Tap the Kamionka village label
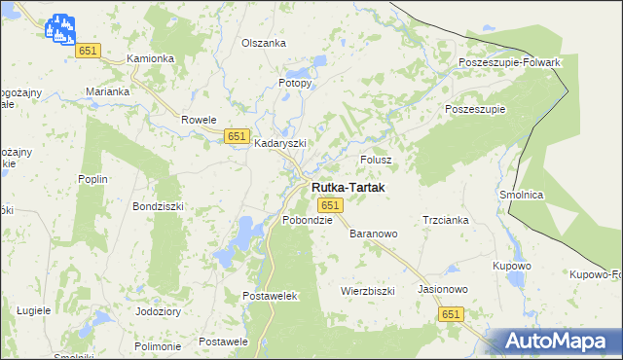(x=151, y=58)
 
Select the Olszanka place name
(x=264, y=43)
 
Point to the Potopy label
(x=295, y=83)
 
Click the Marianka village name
(x=107, y=91)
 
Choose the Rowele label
(x=199, y=120)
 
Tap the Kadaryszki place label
(x=280, y=143)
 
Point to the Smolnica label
(x=521, y=195)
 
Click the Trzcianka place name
(x=446, y=220)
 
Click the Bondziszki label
(x=158, y=206)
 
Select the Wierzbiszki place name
(x=367, y=291)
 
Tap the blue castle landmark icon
(x=59, y=28)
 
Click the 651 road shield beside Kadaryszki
(x=236, y=136)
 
